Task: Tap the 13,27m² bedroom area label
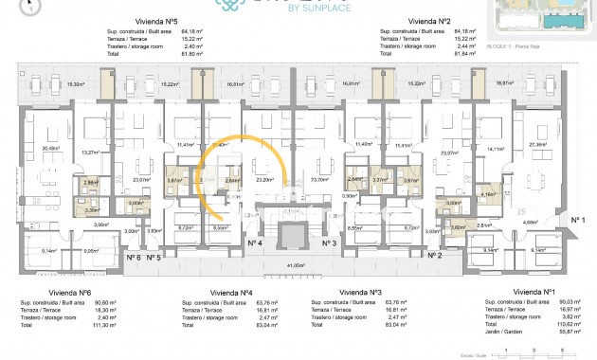tap(91, 153)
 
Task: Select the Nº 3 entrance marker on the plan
tap(331, 243)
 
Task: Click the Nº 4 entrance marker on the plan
tap(254, 243)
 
